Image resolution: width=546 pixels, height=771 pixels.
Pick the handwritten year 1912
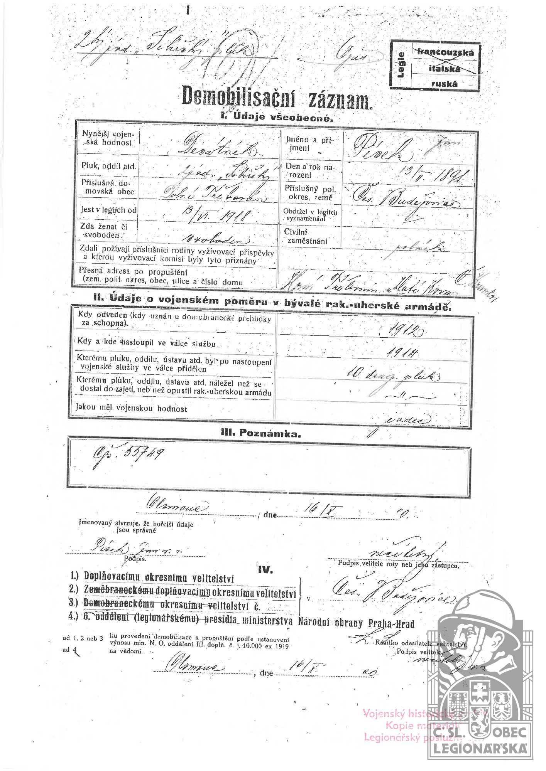click(x=405, y=328)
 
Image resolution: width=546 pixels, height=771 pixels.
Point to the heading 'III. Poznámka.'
click(x=260, y=433)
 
